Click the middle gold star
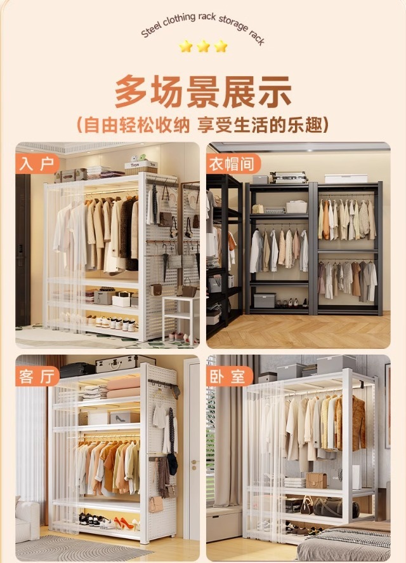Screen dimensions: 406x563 coord(203,46)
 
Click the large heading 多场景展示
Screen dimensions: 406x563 coord(203,92)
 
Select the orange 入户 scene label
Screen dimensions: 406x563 coord(37,163)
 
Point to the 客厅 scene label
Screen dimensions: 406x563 coord(37,376)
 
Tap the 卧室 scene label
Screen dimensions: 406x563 coord(228,376)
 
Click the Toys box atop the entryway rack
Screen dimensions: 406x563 coord(141,166)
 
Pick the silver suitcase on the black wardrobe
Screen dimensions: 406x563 coord(289,177)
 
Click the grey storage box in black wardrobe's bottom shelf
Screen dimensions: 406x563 coord(265,301)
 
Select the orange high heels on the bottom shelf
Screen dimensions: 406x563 coord(124,523)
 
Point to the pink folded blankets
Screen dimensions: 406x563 coord(123,388)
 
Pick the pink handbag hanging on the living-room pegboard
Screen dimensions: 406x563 coord(156,504)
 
